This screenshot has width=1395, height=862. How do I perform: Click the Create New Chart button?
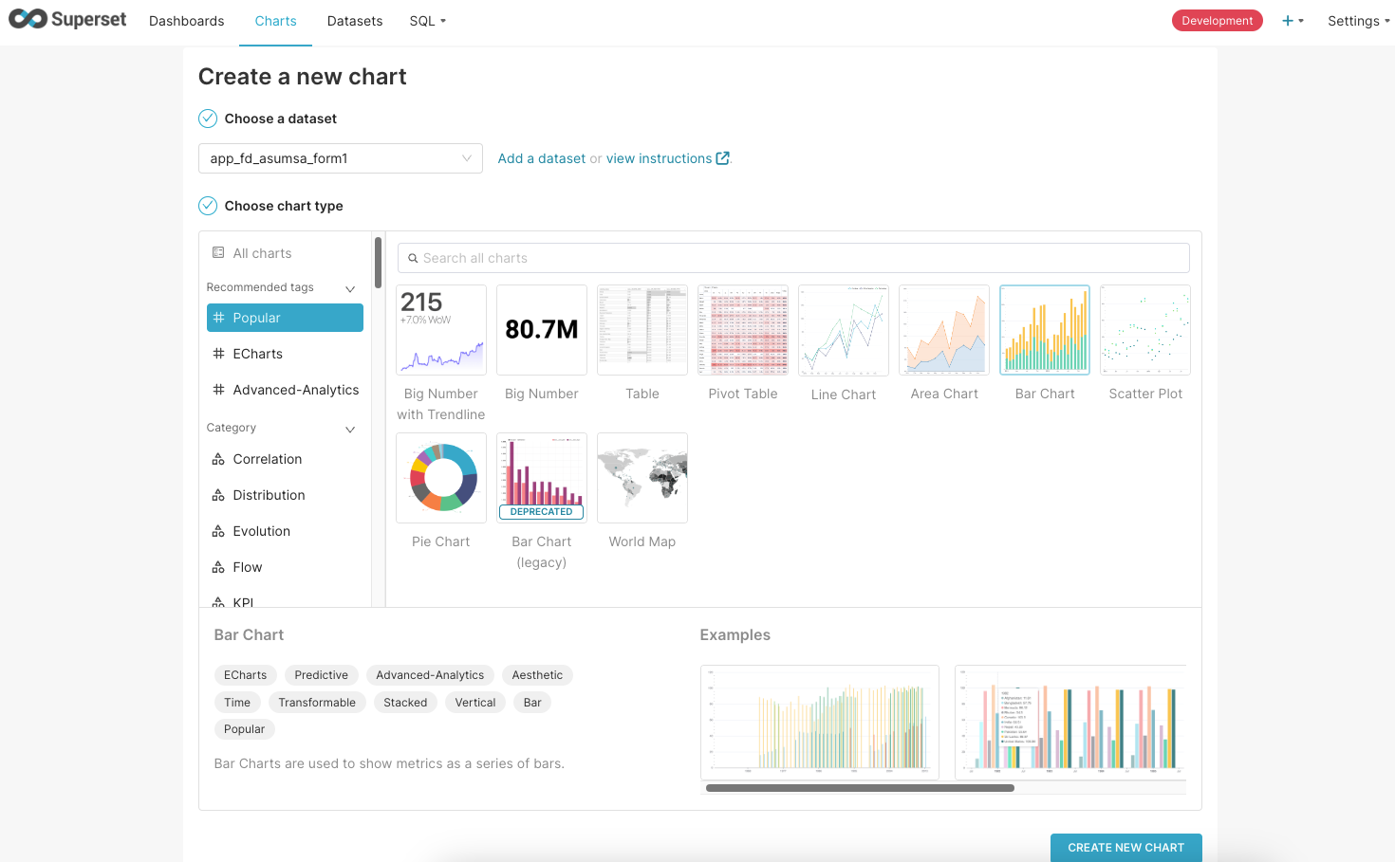pyautogui.click(x=1125, y=848)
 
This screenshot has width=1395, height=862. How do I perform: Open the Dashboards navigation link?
pyautogui.click(x=187, y=21)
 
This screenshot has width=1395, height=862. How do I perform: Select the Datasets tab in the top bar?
pyautogui.click(x=355, y=21)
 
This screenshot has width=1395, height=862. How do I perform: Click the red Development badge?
pyautogui.click(x=1217, y=21)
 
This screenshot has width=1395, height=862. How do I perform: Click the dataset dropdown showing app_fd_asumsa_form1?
pyautogui.click(x=340, y=158)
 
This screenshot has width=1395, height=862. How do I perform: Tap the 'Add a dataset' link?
pyautogui.click(x=541, y=158)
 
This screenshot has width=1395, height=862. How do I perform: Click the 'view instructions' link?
pyautogui.click(x=659, y=158)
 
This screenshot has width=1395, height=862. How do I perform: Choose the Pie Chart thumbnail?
pyautogui.click(x=441, y=478)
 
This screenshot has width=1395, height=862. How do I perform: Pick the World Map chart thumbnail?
pyautogui.click(x=642, y=478)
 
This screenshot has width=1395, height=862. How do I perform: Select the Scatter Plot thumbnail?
pyautogui.click(x=1145, y=330)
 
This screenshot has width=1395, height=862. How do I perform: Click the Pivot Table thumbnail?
pyautogui.click(x=743, y=330)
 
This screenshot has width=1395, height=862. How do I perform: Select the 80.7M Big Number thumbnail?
pyautogui.click(x=542, y=330)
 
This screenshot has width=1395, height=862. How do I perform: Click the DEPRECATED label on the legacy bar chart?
pyautogui.click(x=542, y=512)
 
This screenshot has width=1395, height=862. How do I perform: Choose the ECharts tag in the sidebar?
pyautogui.click(x=257, y=354)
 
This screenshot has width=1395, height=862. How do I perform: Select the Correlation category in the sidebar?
pyautogui.click(x=267, y=459)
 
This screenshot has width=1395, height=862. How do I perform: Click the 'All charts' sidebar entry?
pyautogui.click(x=262, y=253)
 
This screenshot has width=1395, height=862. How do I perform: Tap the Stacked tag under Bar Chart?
pyautogui.click(x=405, y=703)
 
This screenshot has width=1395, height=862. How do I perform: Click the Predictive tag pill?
pyautogui.click(x=321, y=675)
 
